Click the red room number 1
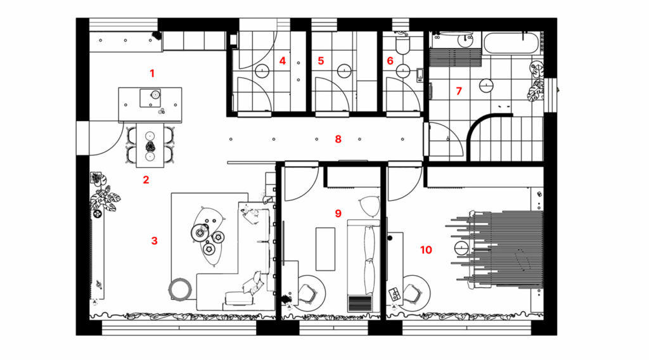152,73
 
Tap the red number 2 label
146,179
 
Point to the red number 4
283,61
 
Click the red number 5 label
321,61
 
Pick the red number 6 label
390,61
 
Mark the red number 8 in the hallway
338,138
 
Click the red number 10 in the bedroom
426,250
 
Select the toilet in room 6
401,45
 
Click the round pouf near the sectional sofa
179,289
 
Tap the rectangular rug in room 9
325,248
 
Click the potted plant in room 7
537,82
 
